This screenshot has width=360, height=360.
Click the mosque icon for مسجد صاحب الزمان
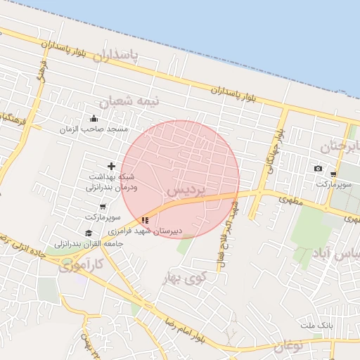pyautogui.click(x=94, y=118)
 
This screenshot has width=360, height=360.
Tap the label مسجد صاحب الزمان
pyautogui.click(x=94, y=129)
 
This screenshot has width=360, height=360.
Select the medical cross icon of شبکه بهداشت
pyautogui.click(x=111, y=166)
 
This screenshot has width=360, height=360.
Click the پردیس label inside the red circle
pyautogui.click(x=186, y=191)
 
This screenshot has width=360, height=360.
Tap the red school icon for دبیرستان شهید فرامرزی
pyautogui.click(x=145, y=220)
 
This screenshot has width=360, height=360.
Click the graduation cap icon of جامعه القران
pyautogui.click(x=89, y=233)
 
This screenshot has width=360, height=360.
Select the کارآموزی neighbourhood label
pyautogui.click(x=98, y=264)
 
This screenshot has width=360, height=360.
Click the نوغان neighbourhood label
pyautogui.click(x=287, y=346)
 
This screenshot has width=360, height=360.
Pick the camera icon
pyautogui.click(x=318, y=169)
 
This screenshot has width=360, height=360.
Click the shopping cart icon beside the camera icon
pyautogui.click(x=333, y=174)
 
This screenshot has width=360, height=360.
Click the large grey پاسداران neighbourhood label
pyautogui.click(x=122, y=56)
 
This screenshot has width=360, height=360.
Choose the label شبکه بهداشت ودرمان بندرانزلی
pyautogui.click(x=112, y=182)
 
